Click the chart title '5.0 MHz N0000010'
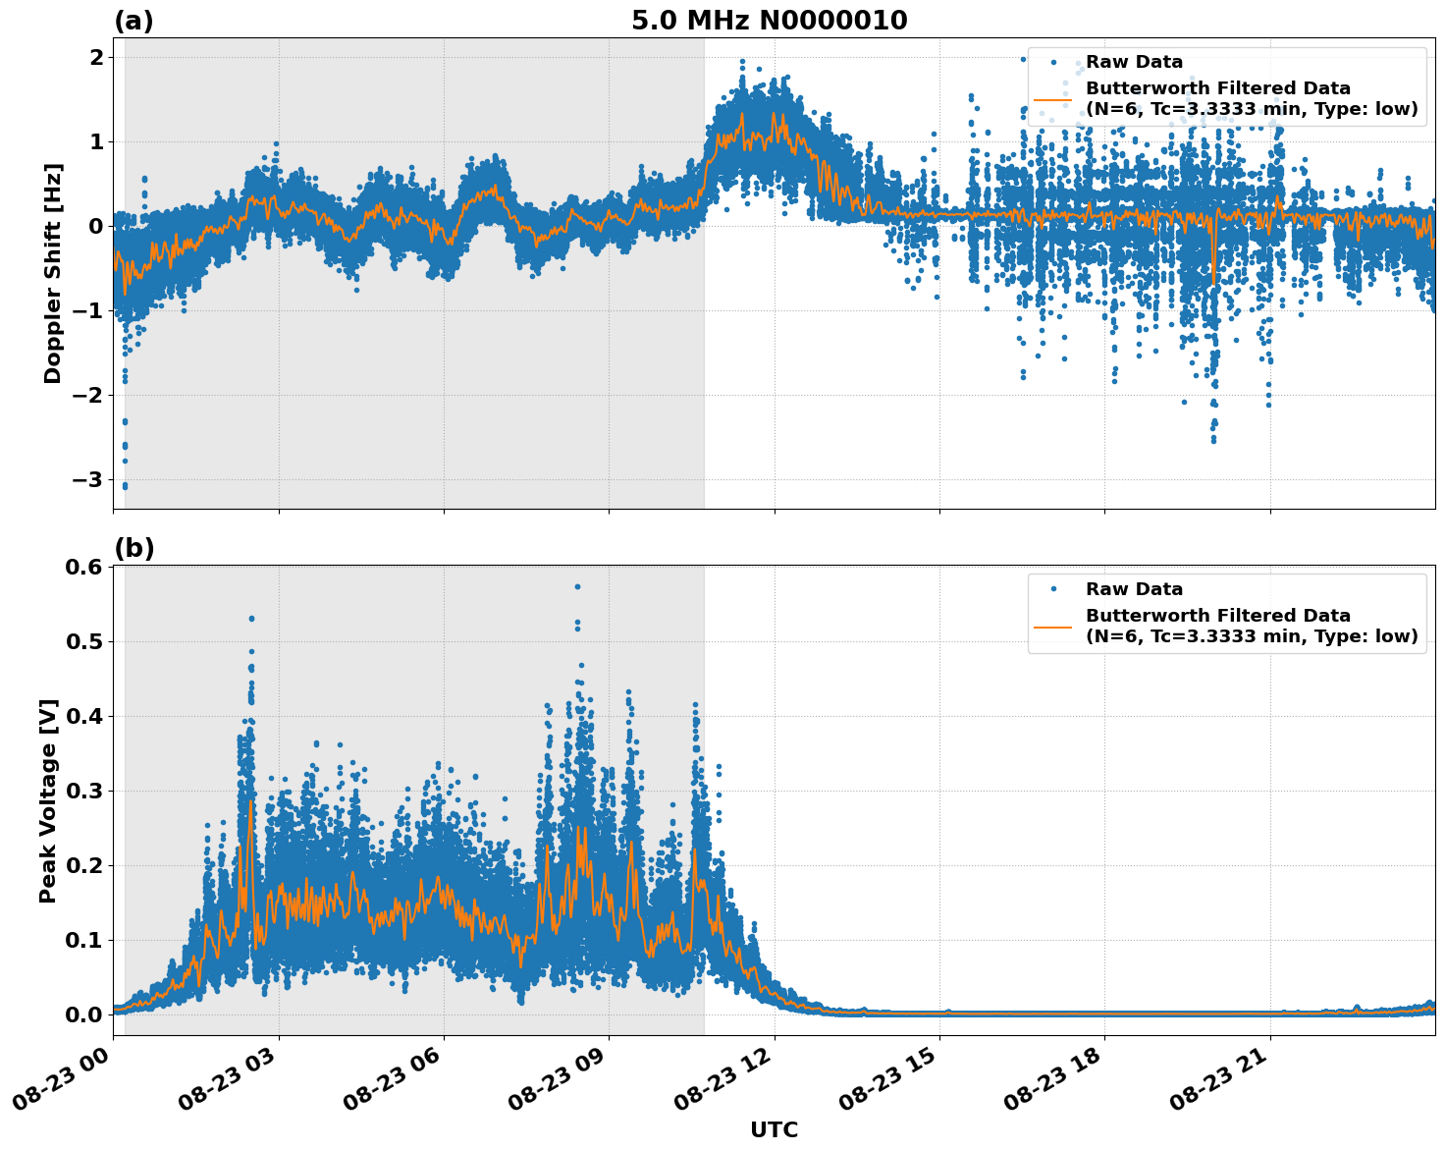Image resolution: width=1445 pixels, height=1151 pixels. [x=769, y=21]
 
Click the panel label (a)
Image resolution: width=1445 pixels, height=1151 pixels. [x=134, y=21]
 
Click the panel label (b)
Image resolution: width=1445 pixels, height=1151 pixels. [x=134, y=548]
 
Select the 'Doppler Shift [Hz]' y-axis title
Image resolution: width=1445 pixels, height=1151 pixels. [x=53, y=273]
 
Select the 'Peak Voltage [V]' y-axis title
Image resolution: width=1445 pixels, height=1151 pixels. [x=48, y=800]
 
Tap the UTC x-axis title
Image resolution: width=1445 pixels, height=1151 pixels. [x=774, y=1129]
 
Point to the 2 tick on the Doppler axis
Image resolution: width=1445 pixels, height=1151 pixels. [x=96, y=58]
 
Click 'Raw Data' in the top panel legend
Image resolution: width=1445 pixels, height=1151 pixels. [x=1134, y=63]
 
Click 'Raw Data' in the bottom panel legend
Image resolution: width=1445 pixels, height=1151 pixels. [x=1134, y=589]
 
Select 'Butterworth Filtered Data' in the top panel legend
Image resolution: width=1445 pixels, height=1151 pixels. [x=1217, y=89]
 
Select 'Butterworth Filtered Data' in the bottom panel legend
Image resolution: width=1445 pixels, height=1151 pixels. [x=1217, y=616]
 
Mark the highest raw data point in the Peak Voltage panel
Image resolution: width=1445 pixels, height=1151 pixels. [x=577, y=586]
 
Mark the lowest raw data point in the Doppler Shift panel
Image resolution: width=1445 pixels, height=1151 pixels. [x=125, y=486]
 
